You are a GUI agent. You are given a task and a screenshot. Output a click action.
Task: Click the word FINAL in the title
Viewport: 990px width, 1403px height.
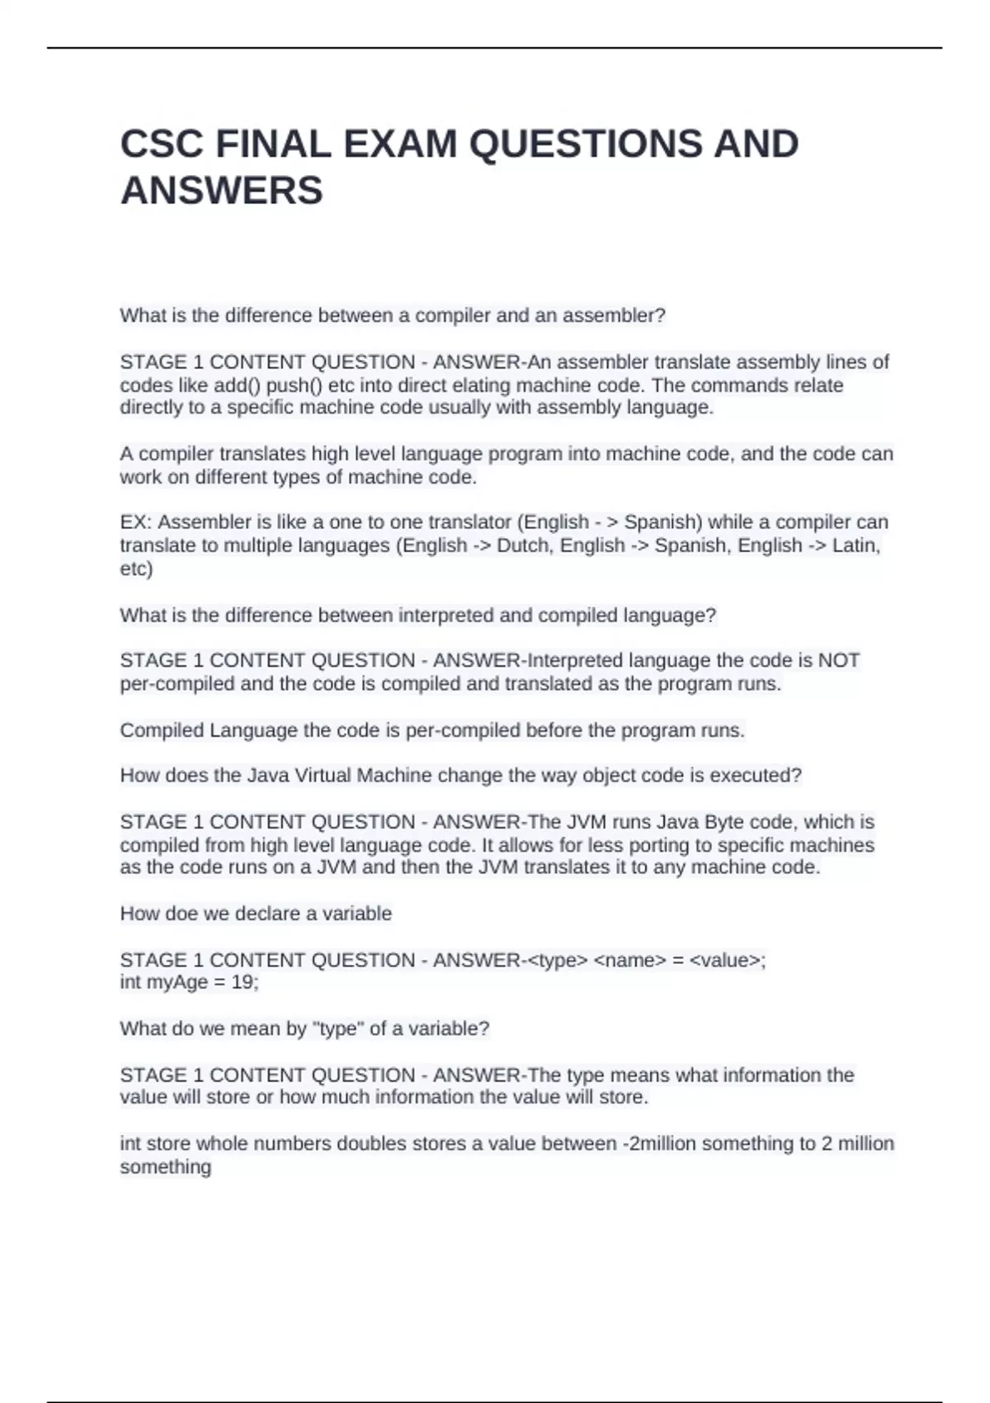tap(273, 144)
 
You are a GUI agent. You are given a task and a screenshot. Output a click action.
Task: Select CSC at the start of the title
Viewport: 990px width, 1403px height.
tap(162, 144)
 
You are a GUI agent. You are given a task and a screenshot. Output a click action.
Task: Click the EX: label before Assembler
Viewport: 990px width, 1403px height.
tap(136, 522)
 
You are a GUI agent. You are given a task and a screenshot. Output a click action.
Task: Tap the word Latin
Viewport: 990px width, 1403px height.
tap(856, 546)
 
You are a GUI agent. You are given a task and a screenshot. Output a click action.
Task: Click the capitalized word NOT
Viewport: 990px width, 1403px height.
tap(839, 660)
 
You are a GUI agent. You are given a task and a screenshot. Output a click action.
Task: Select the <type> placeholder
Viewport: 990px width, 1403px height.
tap(557, 961)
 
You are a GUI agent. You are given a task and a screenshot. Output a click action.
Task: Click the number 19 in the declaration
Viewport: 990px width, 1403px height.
tap(246, 983)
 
